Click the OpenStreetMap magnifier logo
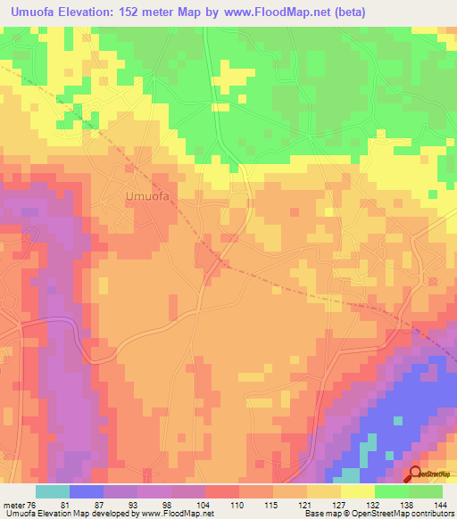pos(416,474)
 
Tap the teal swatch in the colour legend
pos(53,491)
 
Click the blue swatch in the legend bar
pos(87,491)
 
